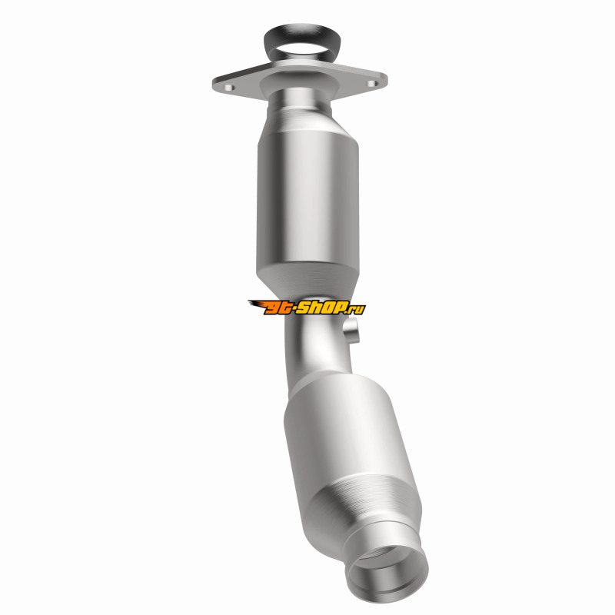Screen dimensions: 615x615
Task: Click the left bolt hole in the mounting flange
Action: pos(229,88)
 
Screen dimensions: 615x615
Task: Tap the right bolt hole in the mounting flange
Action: pos(372,83)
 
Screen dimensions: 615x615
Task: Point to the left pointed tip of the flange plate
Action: pos(213,85)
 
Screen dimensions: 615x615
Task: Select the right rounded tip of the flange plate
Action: pos(386,80)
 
